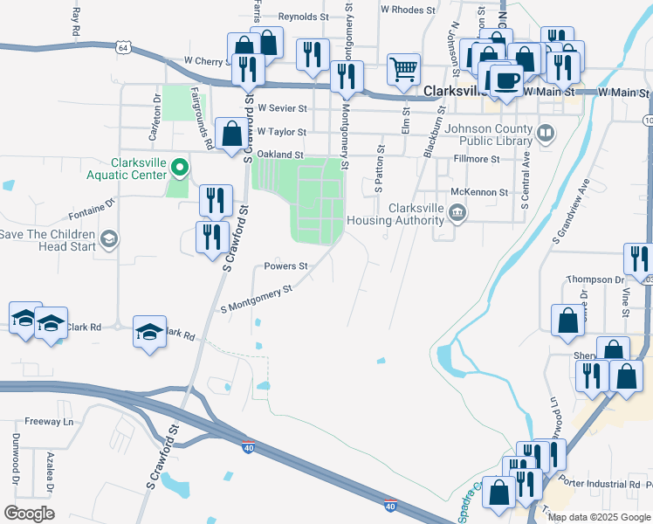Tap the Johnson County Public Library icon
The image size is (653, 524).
[x=546, y=134]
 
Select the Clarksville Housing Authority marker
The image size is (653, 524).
[x=457, y=213]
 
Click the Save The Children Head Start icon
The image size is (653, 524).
[x=109, y=239]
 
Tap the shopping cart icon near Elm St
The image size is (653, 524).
[x=403, y=69]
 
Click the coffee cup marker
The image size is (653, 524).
[x=505, y=80]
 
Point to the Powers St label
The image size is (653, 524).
[x=286, y=265]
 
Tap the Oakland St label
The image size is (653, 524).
[x=281, y=155]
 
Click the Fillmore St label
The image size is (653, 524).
[x=477, y=160]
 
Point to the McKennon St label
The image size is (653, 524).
[x=479, y=191]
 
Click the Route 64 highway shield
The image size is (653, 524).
[x=125, y=48]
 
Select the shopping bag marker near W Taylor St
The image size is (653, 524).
[x=232, y=134]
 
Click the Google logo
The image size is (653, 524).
[x=29, y=514]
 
